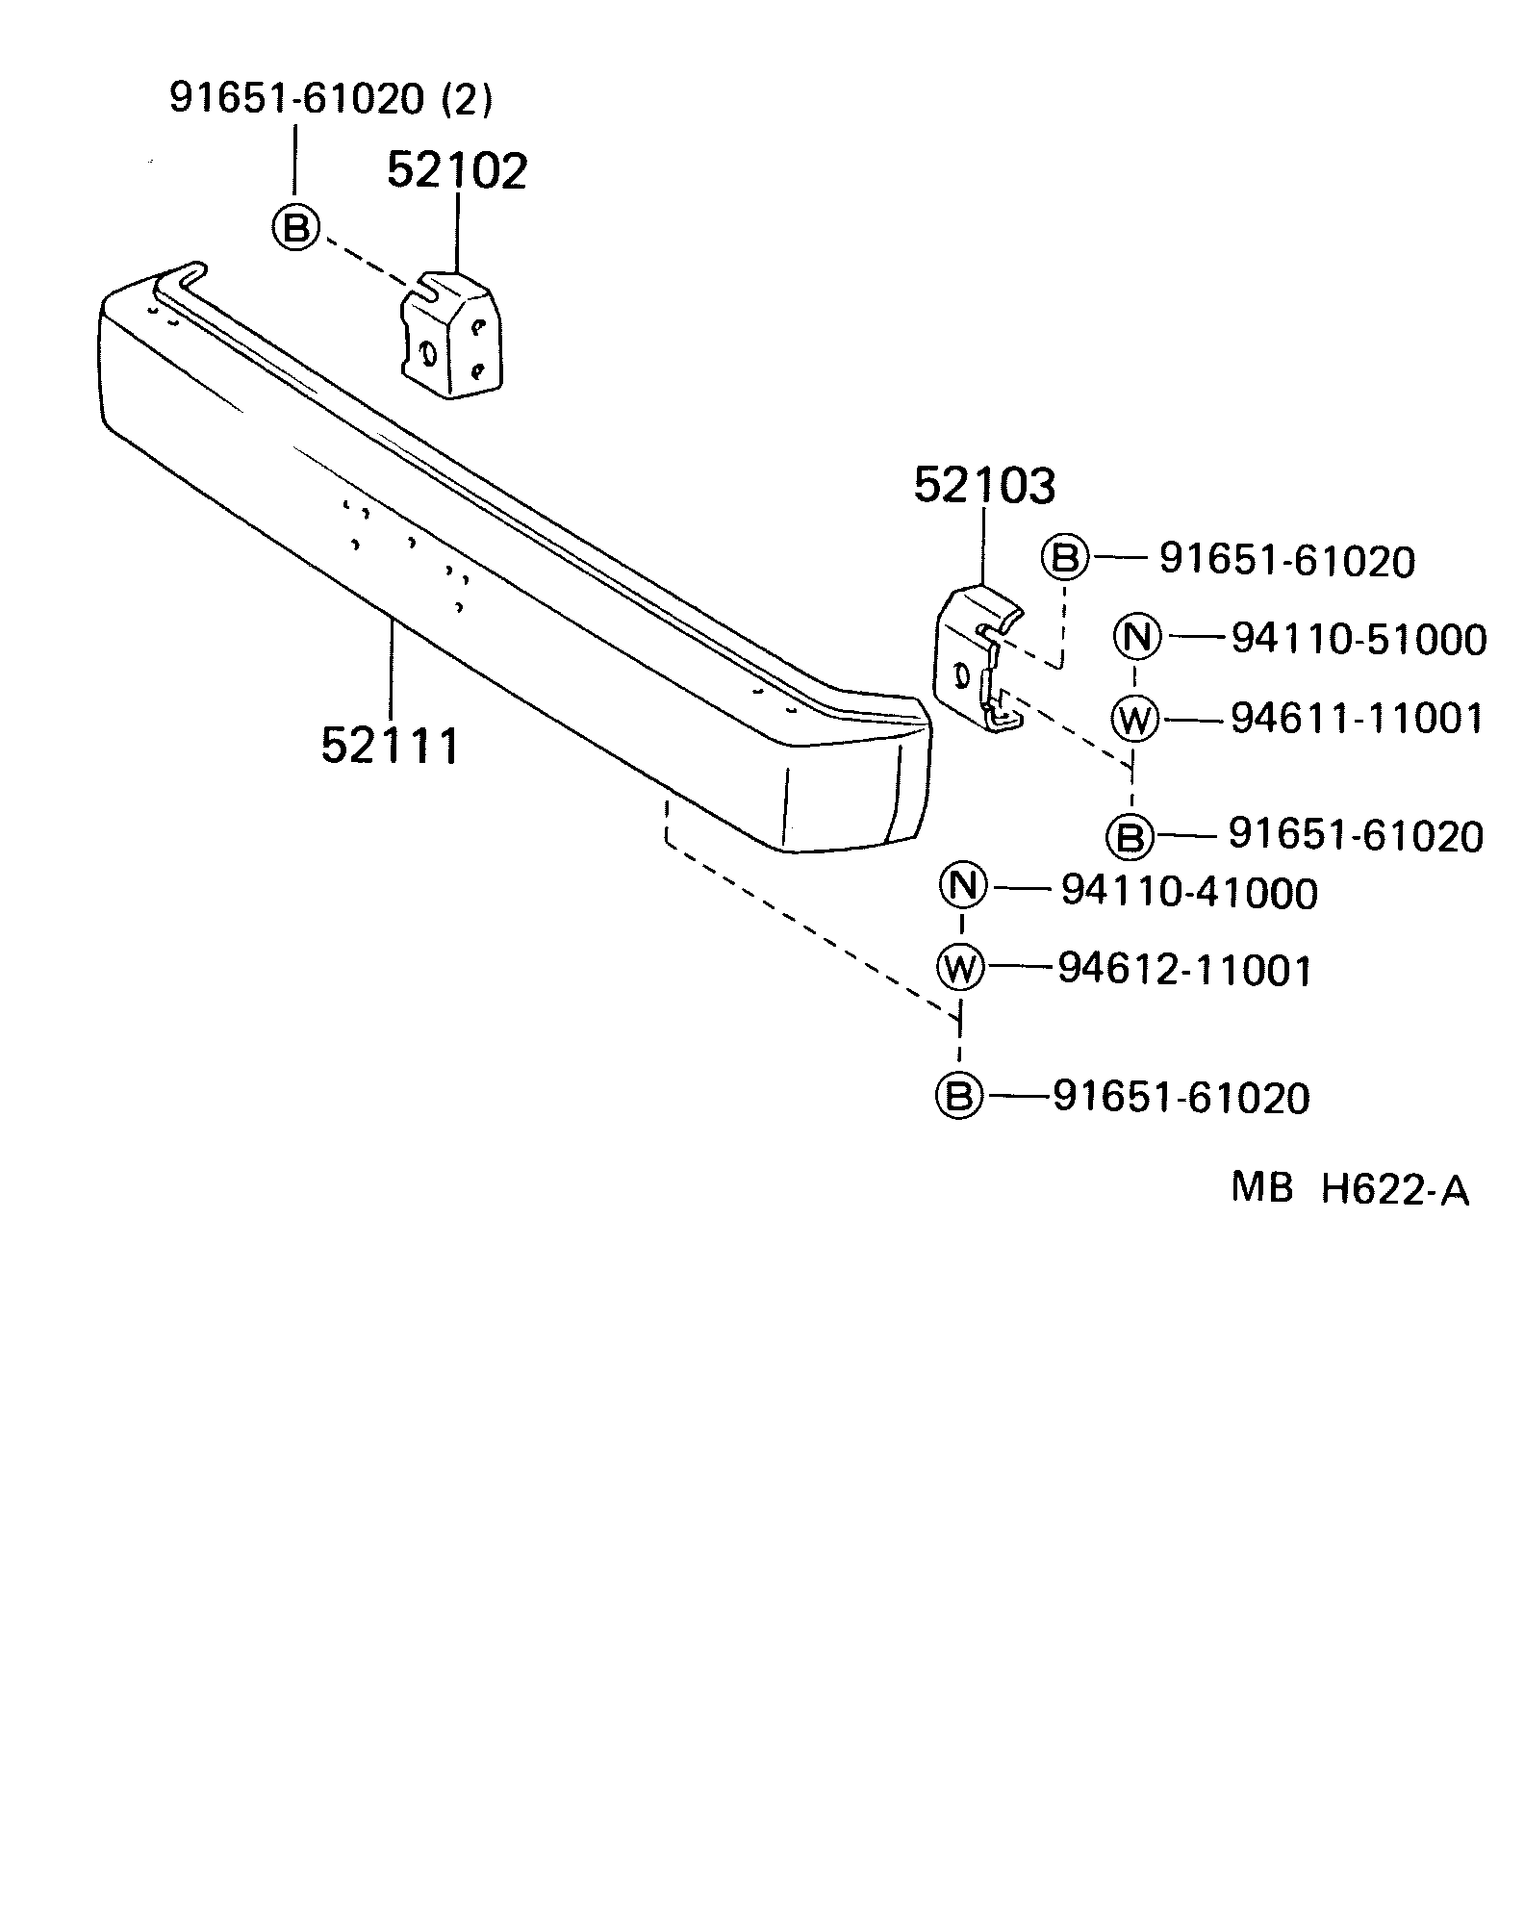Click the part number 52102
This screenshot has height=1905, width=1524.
click(457, 171)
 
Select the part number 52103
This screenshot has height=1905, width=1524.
click(983, 486)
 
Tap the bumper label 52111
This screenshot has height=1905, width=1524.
click(391, 745)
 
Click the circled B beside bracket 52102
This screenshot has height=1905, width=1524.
click(295, 229)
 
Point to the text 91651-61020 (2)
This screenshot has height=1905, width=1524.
click(331, 98)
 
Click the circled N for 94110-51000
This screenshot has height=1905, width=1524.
click(1137, 637)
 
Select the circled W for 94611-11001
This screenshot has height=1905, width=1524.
click(1135, 718)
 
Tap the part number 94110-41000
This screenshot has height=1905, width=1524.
click(1188, 893)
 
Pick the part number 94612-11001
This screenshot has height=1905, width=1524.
click(1184, 970)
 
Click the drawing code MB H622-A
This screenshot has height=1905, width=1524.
click(1350, 1190)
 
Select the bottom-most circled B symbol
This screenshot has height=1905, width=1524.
click(959, 1095)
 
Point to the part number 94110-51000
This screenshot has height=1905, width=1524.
click(1359, 640)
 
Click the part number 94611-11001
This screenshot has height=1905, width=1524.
click(1357, 719)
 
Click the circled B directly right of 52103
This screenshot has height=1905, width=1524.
click(1064, 557)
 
